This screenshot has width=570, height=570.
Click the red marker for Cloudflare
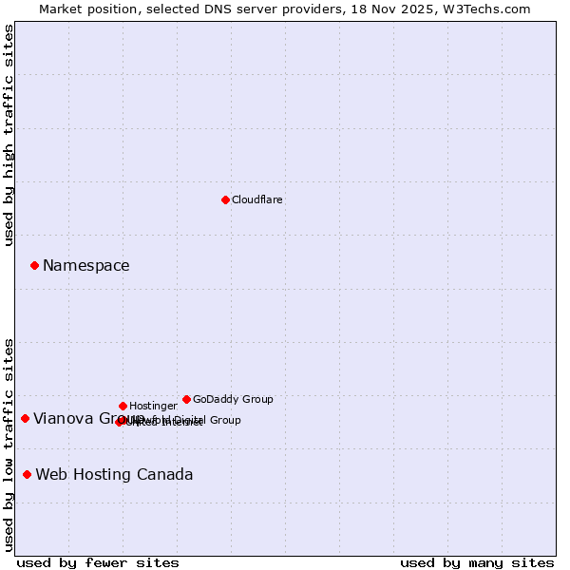click(225, 199)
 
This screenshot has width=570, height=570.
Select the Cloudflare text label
click(256, 199)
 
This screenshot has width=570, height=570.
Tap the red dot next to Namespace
click(34, 265)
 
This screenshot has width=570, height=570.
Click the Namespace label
click(85, 266)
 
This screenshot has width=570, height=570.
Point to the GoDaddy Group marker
click(186, 399)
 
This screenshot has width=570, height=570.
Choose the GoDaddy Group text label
click(233, 399)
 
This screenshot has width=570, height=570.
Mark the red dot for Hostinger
click(123, 406)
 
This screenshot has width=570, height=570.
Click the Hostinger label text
click(153, 406)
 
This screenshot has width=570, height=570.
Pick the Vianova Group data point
click(25, 418)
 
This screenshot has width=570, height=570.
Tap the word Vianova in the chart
click(63, 419)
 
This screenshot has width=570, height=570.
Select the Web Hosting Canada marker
click(27, 474)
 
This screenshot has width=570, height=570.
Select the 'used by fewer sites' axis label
click(98, 562)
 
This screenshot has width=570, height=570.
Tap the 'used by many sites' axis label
click(477, 562)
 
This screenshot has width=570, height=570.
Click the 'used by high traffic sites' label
click(9, 135)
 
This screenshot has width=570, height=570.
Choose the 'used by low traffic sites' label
click(9, 445)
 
